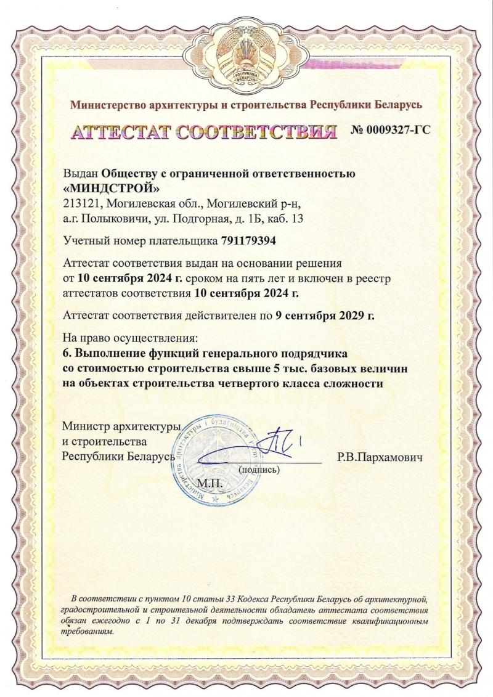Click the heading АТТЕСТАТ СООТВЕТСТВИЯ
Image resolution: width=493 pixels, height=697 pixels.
[x=204, y=132]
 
